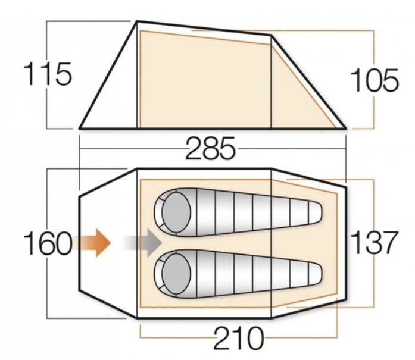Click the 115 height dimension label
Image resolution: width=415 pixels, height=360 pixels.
tap(48, 74)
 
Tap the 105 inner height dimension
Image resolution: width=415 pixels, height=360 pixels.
tap(374, 80)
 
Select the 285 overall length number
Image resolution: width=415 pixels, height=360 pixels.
tap(210, 148)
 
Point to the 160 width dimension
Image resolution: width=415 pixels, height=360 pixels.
tap(48, 243)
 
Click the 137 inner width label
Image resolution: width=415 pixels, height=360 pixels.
tap(374, 242)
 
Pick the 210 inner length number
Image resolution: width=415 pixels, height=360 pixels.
tap(239, 337)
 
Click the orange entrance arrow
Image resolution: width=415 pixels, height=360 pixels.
tap(92, 243)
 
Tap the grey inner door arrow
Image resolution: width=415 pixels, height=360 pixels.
tap(143, 243)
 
